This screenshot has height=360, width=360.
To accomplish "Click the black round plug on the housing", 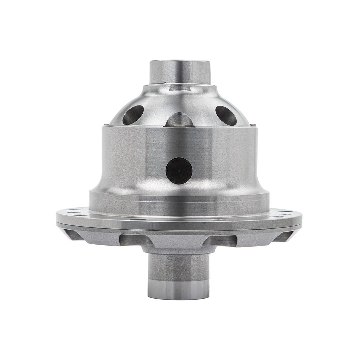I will pyautogui.click(x=179, y=171).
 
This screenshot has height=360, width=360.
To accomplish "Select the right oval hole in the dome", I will pyautogui.click(x=226, y=115).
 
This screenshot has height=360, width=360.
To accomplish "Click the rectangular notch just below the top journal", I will pyautogui.click(x=180, y=87).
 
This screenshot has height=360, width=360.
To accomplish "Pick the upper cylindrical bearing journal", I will pyautogui.click(x=180, y=72).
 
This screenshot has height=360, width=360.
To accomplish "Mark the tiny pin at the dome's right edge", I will pyautogui.click(x=254, y=125).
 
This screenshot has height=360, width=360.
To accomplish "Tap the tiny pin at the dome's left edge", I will pyautogui.click(x=106, y=125).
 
